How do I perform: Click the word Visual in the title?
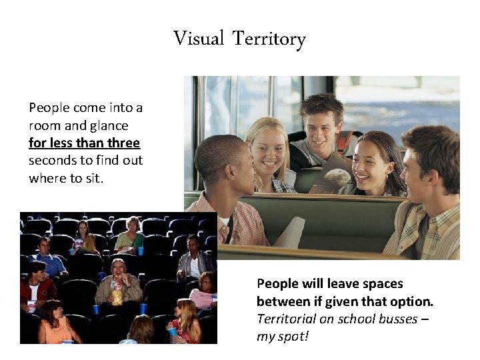coord(199,39)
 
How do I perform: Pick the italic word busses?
coord(394,318)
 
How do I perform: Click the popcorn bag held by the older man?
coord(117,293)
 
